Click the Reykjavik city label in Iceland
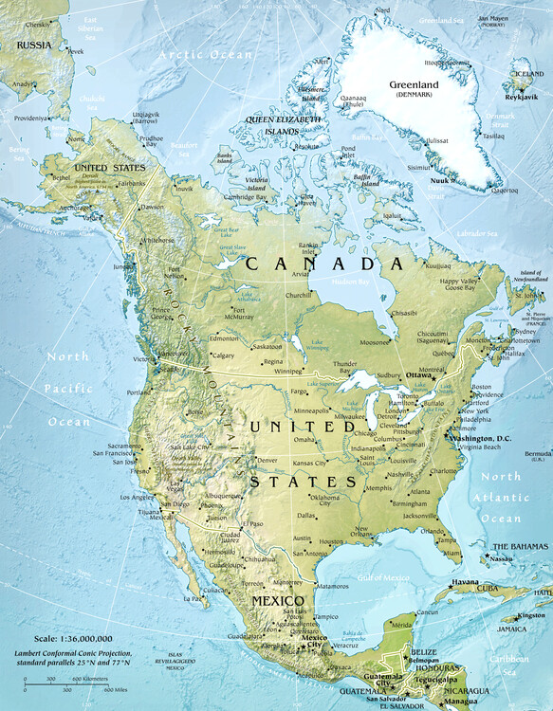pos(521,97)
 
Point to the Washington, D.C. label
pos(485,438)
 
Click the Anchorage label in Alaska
pos(48,209)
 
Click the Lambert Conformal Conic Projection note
pos(71,660)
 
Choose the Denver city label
pos(267,460)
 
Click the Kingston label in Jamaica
pos(531,616)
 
